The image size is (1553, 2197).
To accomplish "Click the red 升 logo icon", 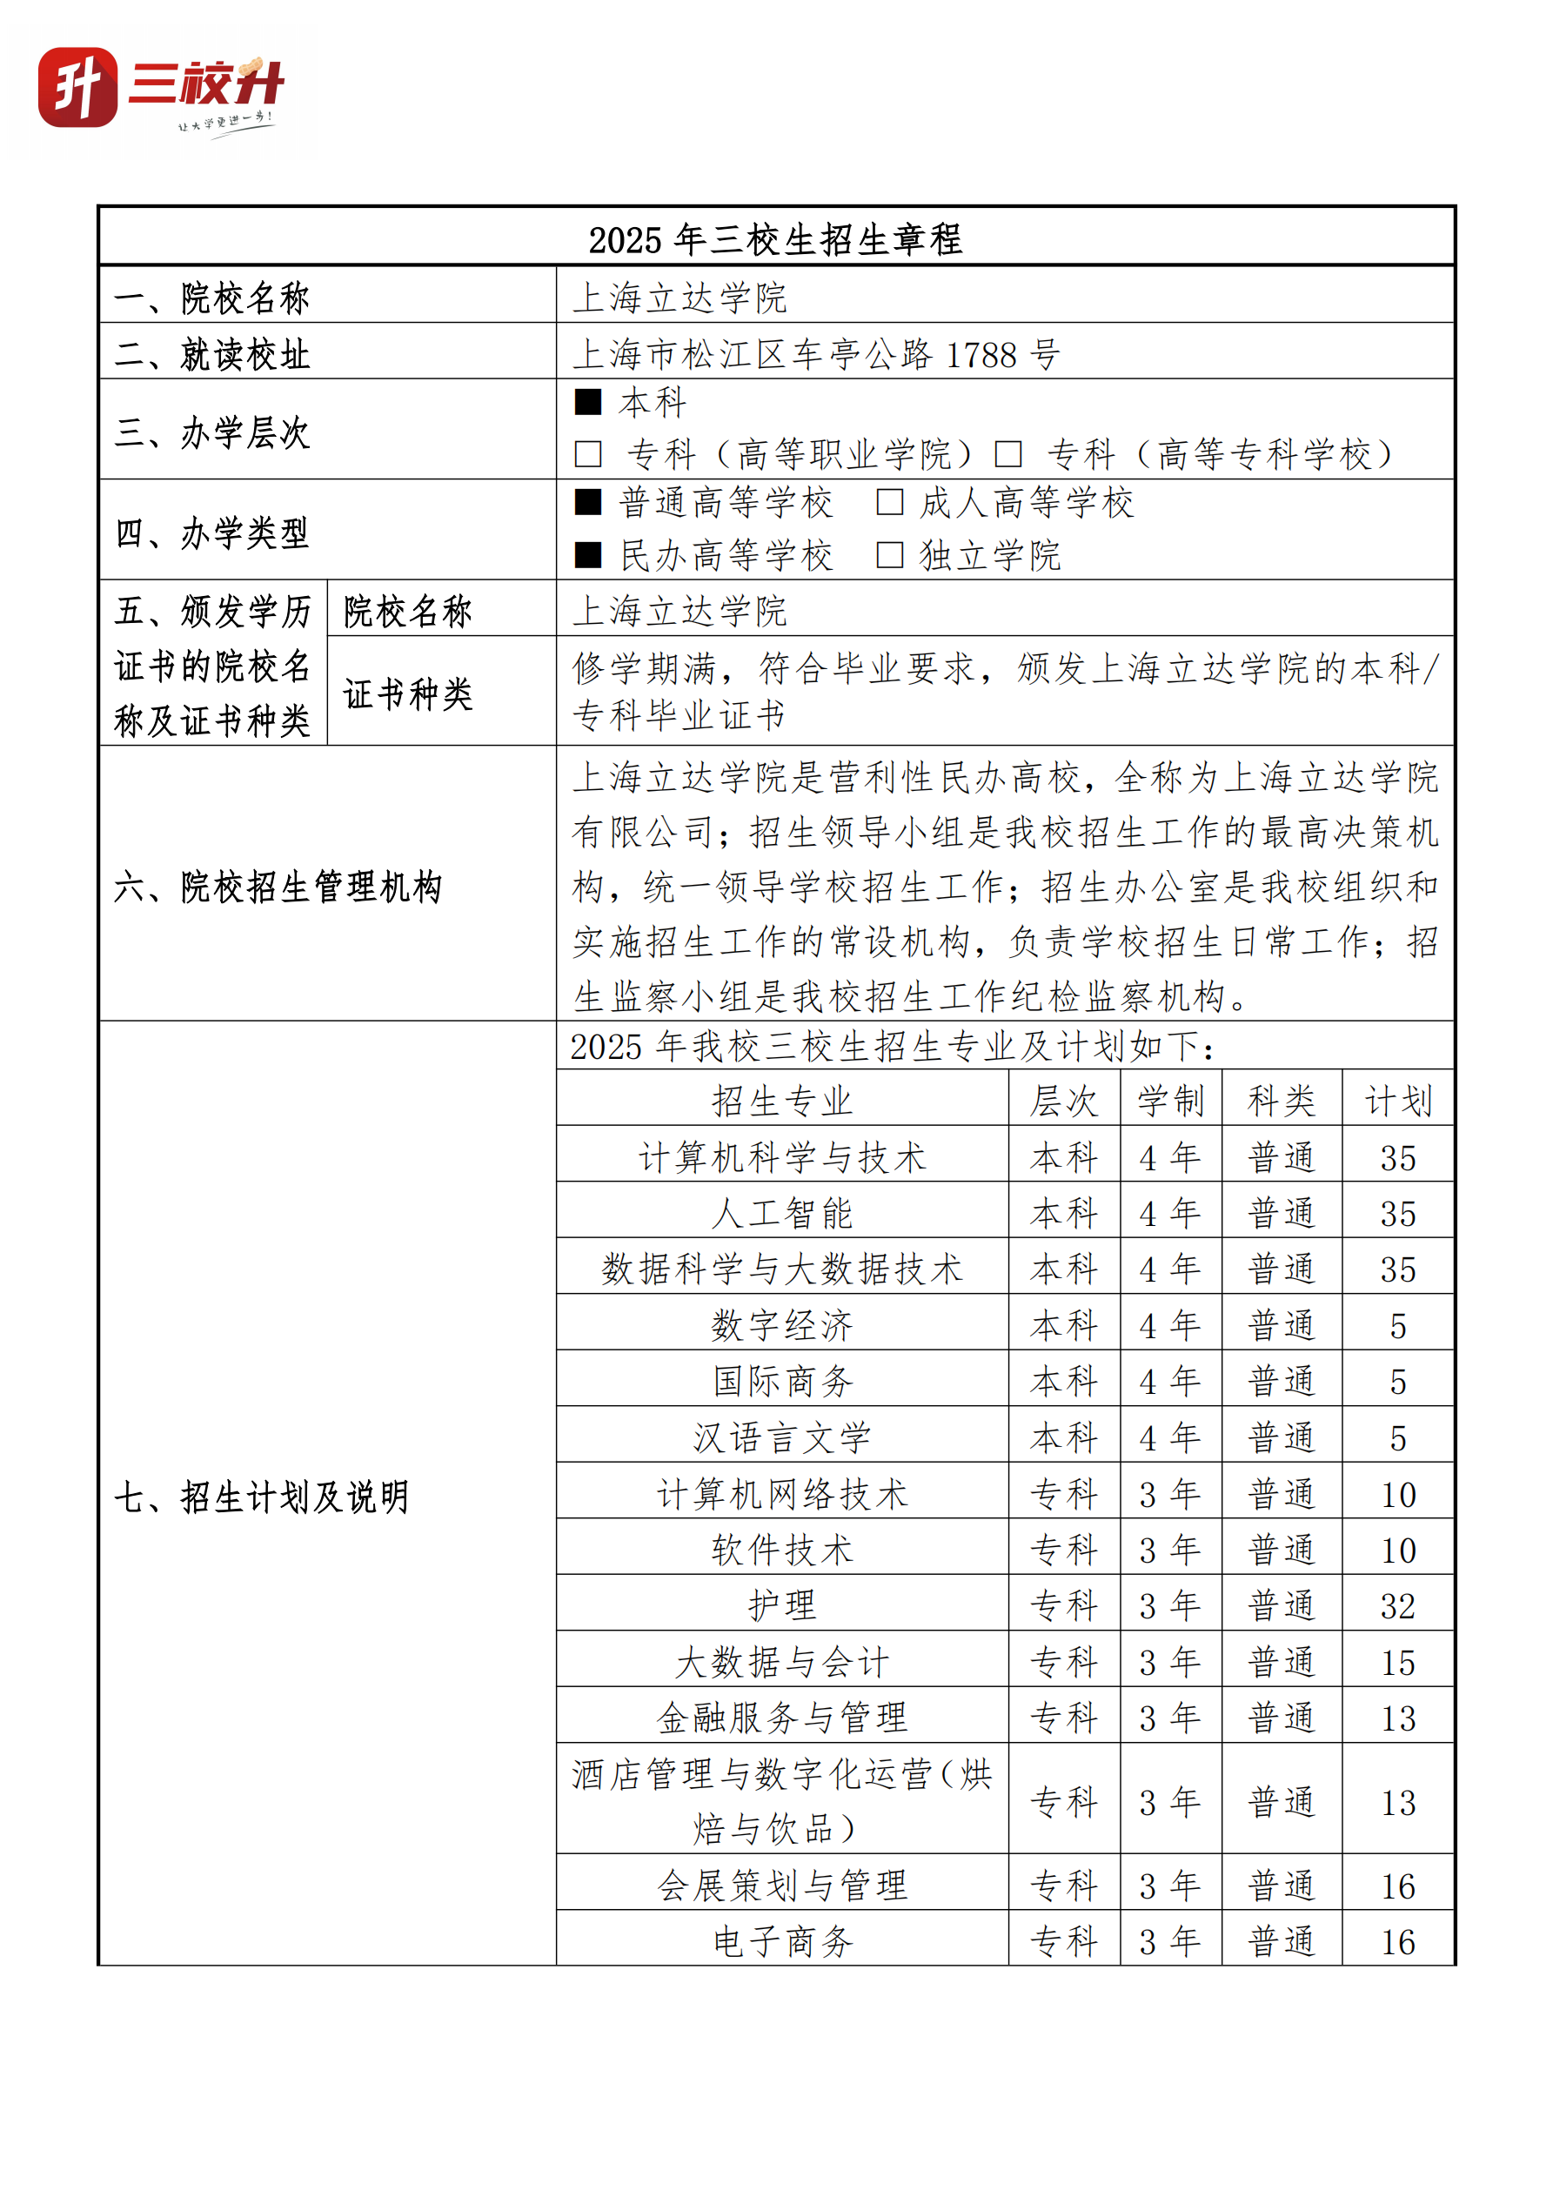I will point(77,87).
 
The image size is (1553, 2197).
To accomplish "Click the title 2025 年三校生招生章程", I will point(775,239).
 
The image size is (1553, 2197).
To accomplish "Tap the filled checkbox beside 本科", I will point(587,402).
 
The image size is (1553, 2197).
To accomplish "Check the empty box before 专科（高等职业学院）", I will point(587,453).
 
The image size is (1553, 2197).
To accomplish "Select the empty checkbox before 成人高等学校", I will point(889,501).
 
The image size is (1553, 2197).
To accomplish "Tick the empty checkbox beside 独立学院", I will point(889,555).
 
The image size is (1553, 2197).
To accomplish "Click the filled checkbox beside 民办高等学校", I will point(587,555).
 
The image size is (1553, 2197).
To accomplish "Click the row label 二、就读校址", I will point(212,354).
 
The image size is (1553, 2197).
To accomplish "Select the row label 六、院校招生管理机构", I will point(278,886).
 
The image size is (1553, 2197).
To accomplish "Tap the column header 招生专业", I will point(782,1101).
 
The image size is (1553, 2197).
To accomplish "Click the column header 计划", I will point(1397,1101).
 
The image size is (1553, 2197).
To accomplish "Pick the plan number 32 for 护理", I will point(1397,1605).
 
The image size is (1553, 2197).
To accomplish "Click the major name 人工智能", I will point(782,1213).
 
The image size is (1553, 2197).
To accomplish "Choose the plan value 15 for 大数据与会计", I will point(1397,1662).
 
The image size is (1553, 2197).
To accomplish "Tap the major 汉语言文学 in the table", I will point(782,1437).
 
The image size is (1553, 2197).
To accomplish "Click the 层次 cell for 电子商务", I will point(1063,1941).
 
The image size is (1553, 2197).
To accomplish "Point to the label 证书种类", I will point(408,693).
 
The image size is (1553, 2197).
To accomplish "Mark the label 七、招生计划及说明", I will point(261,1497).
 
